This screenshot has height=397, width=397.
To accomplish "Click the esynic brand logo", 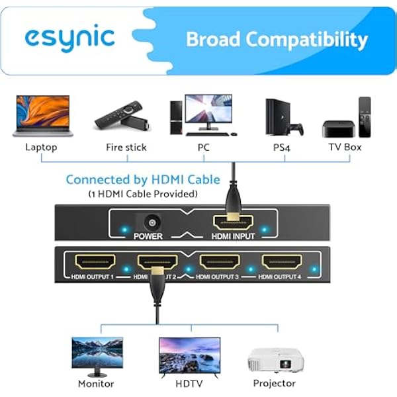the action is [x=69, y=38].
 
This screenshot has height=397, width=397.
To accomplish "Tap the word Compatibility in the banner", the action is [x=306, y=40].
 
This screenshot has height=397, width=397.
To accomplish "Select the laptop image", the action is [x=43, y=116].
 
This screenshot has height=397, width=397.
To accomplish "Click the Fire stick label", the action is [x=126, y=147].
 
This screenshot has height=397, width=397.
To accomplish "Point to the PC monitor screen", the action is [x=208, y=109].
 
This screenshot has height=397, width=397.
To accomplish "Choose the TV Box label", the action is [x=345, y=147].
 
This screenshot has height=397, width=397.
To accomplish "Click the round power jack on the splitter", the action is [x=152, y=223].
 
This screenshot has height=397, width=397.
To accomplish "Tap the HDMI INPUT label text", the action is [x=233, y=236].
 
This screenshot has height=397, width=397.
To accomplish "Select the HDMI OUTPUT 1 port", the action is [x=95, y=262].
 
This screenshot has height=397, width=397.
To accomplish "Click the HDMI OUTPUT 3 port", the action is [x=220, y=262].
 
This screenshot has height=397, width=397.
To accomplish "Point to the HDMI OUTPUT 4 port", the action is [x=282, y=262].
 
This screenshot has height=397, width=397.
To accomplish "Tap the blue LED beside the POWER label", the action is [x=124, y=230].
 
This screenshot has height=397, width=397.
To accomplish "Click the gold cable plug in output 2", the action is [x=157, y=271].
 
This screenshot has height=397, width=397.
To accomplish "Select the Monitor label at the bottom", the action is [x=96, y=384].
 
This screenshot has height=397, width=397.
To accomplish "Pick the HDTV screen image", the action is [x=190, y=355].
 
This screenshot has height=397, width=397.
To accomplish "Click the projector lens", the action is [x=285, y=365].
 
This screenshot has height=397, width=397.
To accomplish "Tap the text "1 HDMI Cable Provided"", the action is [x=143, y=194].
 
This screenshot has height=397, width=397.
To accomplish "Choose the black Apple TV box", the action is [x=338, y=129].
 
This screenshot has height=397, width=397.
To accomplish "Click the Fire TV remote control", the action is [x=118, y=114].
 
